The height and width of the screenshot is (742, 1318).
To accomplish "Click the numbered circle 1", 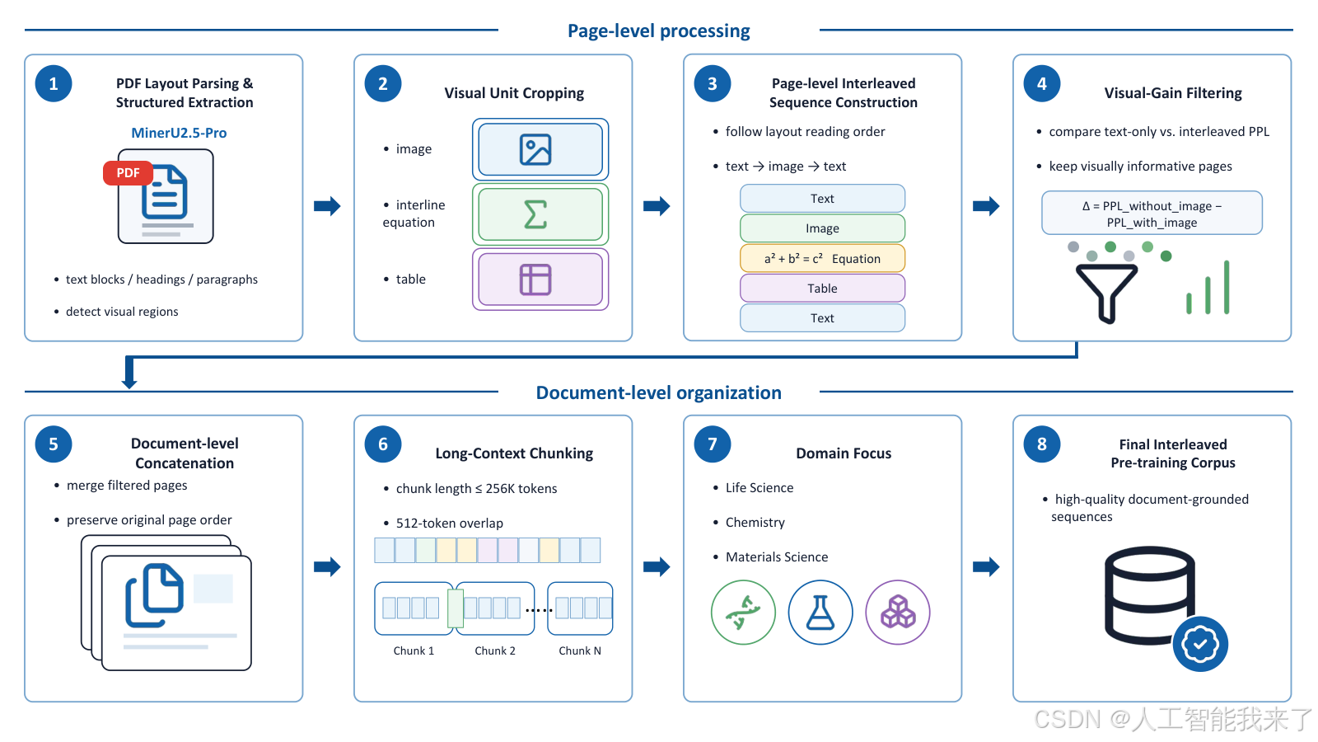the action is tap(54, 83).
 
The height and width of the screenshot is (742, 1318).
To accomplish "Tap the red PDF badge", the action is tap(128, 173).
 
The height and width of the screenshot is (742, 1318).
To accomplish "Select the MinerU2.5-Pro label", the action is tap(179, 133).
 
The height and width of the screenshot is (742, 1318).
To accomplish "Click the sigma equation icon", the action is tap(535, 214).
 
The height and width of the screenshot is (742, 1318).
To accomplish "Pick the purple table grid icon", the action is tap(535, 279).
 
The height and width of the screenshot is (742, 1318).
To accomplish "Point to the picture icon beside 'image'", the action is tap(535, 149).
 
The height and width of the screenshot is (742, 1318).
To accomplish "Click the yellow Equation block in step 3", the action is tap(822, 259).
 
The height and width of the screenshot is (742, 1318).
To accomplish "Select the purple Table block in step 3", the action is tap(822, 289).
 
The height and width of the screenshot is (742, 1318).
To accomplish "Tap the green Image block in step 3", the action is tap(822, 228).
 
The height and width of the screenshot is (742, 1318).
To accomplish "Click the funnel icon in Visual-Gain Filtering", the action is tap(1106, 293).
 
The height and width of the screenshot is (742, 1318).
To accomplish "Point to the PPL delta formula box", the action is tap(1152, 214).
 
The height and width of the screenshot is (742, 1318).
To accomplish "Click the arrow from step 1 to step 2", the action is tap(327, 206).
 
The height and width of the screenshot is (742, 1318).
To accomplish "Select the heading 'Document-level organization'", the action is tap(658, 392).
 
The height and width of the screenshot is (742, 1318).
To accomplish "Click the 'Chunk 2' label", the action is tap(495, 650).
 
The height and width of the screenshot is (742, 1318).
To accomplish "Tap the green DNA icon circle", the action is tap(743, 613).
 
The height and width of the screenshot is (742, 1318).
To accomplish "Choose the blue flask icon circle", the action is tap(820, 613).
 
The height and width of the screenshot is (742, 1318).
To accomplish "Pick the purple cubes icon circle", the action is tap(897, 613).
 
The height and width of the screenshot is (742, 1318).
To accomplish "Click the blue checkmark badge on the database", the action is tap(1200, 644).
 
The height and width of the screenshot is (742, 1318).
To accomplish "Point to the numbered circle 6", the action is tap(383, 444).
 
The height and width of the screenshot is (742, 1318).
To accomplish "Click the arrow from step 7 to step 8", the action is tap(986, 567).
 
